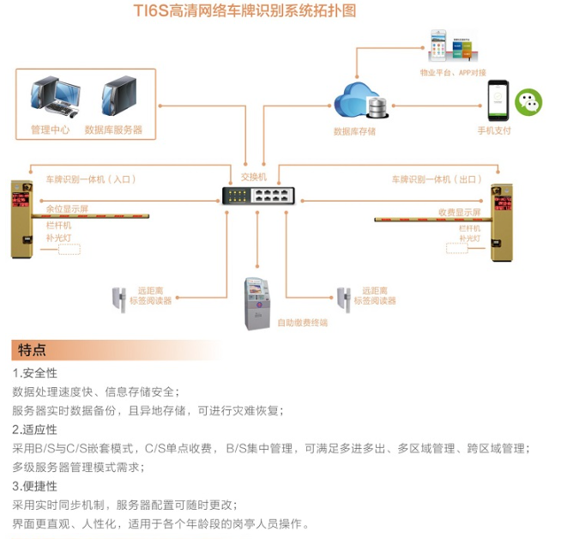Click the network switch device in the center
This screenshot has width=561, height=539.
coord(256,195)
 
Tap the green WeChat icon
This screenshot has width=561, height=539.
coord(528,104)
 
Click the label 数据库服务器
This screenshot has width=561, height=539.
coord(113,130)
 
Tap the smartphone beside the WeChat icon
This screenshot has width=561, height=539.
coord(498,102)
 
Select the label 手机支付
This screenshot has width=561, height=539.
coord(494,130)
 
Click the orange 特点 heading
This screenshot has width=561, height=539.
coord(33,350)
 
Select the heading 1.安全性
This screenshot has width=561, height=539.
coord(34,373)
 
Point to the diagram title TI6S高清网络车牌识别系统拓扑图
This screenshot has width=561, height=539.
coord(244,11)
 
